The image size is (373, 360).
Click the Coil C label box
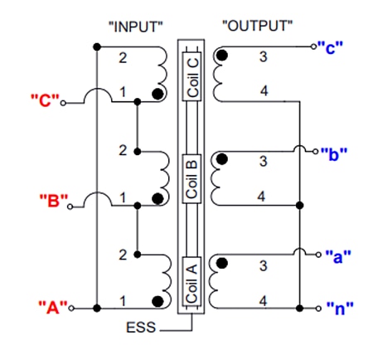pyautogui.click(x=192, y=75)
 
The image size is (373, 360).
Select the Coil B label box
pyautogui.click(x=192, y=177)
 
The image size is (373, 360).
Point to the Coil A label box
pyautogui.click(x=192, y=281)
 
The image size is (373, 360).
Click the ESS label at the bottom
pyautogui.click(x=142, y=328)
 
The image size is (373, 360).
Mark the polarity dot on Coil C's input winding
pyautogui.click(x=157, y=95)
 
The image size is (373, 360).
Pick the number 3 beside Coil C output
pyautogui.click(x=263, y=56)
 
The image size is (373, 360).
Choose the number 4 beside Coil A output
pyautogui.click(x=263, y=299)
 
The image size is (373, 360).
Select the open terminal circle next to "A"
pyautogui.click(x=72, y=308)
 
